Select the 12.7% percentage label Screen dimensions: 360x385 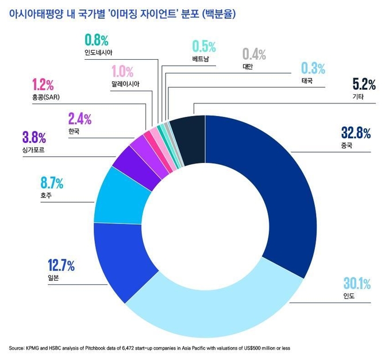point(61,266)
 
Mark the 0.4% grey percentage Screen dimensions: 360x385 point(253,55)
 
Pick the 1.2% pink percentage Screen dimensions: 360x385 point(43,85)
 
